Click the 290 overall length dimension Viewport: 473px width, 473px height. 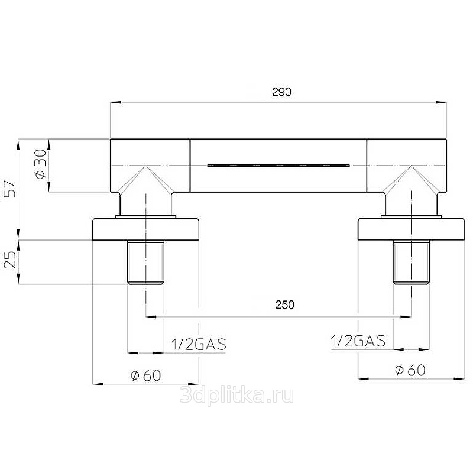[281, 92]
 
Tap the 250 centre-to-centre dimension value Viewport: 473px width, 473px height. [284, 304]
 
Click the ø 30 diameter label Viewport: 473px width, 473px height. [41, 164]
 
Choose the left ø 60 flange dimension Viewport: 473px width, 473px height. [145, 375]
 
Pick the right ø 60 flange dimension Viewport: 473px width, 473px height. [410, 370]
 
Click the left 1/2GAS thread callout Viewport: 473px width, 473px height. [199, 345]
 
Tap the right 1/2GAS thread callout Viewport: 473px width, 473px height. [358, 341]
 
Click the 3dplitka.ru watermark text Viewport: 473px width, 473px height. [237, 396]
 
